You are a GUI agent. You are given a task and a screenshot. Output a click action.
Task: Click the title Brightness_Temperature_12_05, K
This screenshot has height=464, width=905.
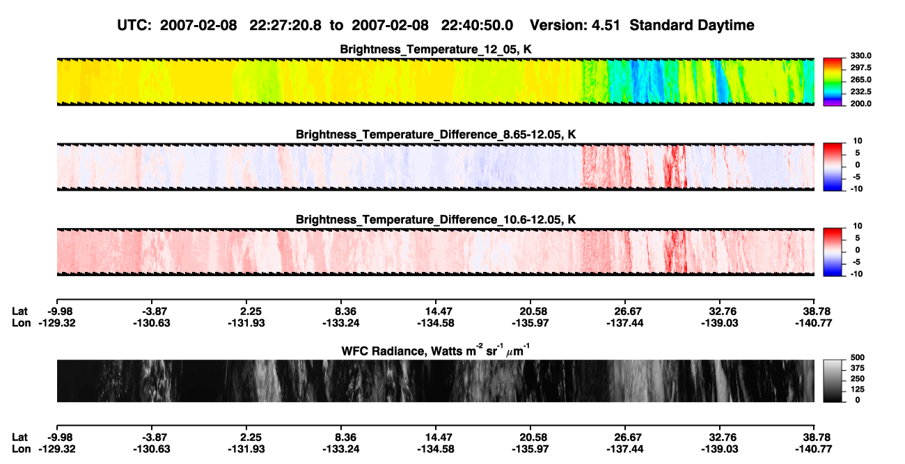[436, 49]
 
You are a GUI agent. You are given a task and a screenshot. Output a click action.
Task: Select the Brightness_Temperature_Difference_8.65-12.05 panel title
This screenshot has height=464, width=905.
[436, 134]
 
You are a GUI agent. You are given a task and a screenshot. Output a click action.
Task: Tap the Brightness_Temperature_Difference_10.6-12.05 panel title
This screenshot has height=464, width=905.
[436, 220]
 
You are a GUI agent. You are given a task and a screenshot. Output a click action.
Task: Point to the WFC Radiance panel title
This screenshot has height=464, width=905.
[436, 351]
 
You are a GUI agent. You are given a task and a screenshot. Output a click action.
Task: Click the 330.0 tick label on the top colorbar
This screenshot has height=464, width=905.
[860, 56]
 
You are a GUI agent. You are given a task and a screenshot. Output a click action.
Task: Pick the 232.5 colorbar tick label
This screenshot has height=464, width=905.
[860, 92]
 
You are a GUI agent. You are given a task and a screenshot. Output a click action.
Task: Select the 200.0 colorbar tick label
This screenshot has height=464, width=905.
[860, 104]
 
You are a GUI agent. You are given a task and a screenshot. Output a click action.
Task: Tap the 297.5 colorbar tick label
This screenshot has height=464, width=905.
[860, 68]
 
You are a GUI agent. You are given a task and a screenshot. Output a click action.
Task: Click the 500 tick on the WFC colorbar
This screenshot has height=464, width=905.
[858, 358]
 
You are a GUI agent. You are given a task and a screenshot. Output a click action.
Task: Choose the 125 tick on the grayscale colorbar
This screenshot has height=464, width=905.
[858, 390]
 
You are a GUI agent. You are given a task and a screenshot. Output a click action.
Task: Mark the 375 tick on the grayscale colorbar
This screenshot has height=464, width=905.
[858, 368]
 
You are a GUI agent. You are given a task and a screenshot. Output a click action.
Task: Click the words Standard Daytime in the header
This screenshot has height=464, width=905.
[692, 26]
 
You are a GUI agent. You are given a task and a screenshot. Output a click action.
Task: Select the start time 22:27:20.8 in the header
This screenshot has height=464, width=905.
[285, 26]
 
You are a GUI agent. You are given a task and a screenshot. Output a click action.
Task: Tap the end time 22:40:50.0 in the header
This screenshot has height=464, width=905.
[477, 26]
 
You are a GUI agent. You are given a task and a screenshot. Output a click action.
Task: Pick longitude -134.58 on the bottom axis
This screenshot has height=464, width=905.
[436, 449]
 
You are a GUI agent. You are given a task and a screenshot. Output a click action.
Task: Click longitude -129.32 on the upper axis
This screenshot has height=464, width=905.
[57, 323]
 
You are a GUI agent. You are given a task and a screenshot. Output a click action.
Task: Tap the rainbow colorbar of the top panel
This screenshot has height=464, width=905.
[833, 82]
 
